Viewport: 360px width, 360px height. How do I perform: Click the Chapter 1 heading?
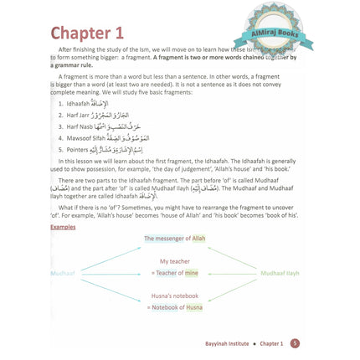87,33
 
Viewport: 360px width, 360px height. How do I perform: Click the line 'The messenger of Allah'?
174,239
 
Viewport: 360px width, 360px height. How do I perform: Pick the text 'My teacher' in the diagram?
175,262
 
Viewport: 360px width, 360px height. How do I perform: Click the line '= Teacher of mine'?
173,274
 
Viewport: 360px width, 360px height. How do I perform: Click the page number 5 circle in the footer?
295,344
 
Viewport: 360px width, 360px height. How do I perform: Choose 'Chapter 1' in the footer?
267,344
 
